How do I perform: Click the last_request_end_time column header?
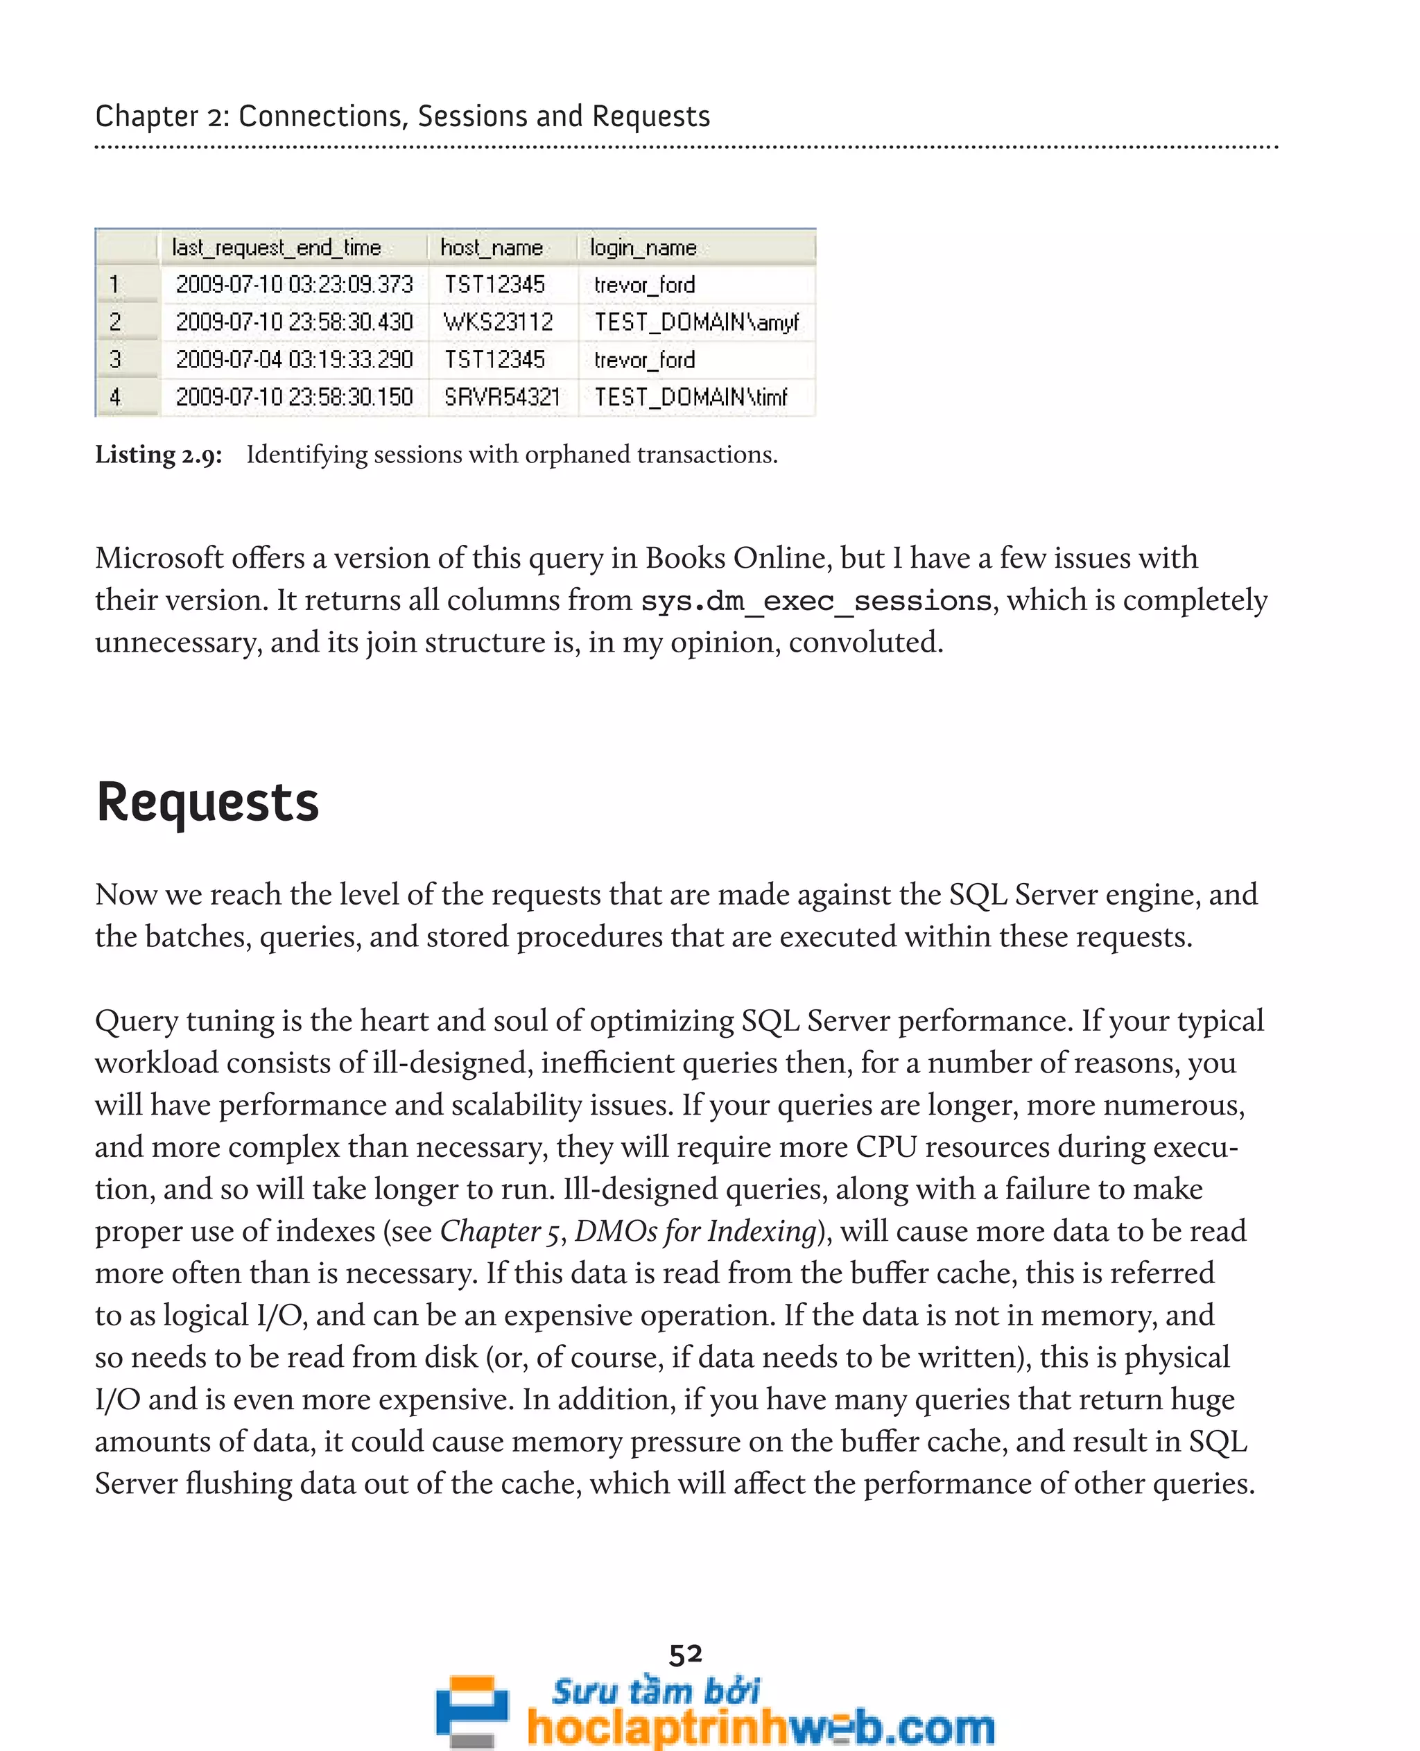[x=277, y=247]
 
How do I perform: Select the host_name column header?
[x=492, y=247]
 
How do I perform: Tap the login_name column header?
[x=643, y=247]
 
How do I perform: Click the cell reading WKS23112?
[x=498, y=322]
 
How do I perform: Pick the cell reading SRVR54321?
[x=501, y=397]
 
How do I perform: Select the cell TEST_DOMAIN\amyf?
[x=696, y=322]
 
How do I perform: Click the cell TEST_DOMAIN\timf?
[x=691, y=397]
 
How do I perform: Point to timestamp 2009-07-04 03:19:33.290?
[x=294, y=359]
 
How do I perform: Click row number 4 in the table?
[x=115, y=397]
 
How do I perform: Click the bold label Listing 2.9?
[x=158, y=455]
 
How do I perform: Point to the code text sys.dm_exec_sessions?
[x=815, y=601]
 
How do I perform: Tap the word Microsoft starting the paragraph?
[x=159, y=558]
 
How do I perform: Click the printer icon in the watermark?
[x=471, y=1709]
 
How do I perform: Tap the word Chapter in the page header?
[x=146, y=116]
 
